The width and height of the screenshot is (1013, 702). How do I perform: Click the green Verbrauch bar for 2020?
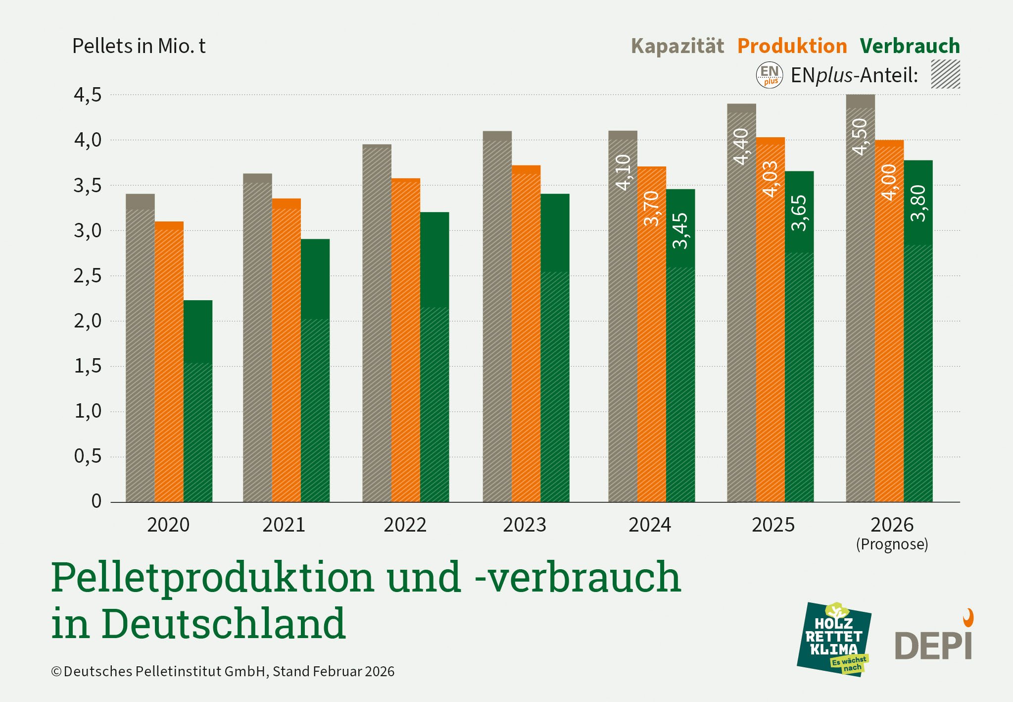pos(198,401)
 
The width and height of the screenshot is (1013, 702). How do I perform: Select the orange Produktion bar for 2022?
pos(406,342)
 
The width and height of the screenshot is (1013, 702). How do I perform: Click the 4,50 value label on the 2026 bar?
pos(861,137)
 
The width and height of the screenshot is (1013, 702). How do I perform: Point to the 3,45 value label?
pos(680,230)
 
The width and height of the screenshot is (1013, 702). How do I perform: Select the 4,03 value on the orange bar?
pos(771,179)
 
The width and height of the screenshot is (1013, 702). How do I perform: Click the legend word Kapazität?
pos(677,46)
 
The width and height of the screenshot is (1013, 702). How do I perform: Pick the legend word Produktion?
pos(792,46)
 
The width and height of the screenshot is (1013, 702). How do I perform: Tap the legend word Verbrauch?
pos(910,46)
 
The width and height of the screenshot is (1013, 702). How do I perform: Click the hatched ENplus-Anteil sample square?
pos(945,74)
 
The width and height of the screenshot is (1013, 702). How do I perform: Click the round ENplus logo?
pos(770,75)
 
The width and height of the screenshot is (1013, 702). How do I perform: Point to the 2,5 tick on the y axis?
pos(88,276)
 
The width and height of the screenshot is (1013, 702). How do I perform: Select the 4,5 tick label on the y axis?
pos(88,95)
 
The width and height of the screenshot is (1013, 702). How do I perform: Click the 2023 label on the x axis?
pos(525,525)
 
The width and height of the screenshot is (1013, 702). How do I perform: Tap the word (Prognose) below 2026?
pos(892,544)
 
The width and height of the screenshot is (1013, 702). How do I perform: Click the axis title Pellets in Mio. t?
pos(139,46)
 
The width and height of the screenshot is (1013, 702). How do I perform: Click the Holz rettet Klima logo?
pos(834,639)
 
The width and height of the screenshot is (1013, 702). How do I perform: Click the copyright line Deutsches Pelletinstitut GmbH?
pos(223,671)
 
